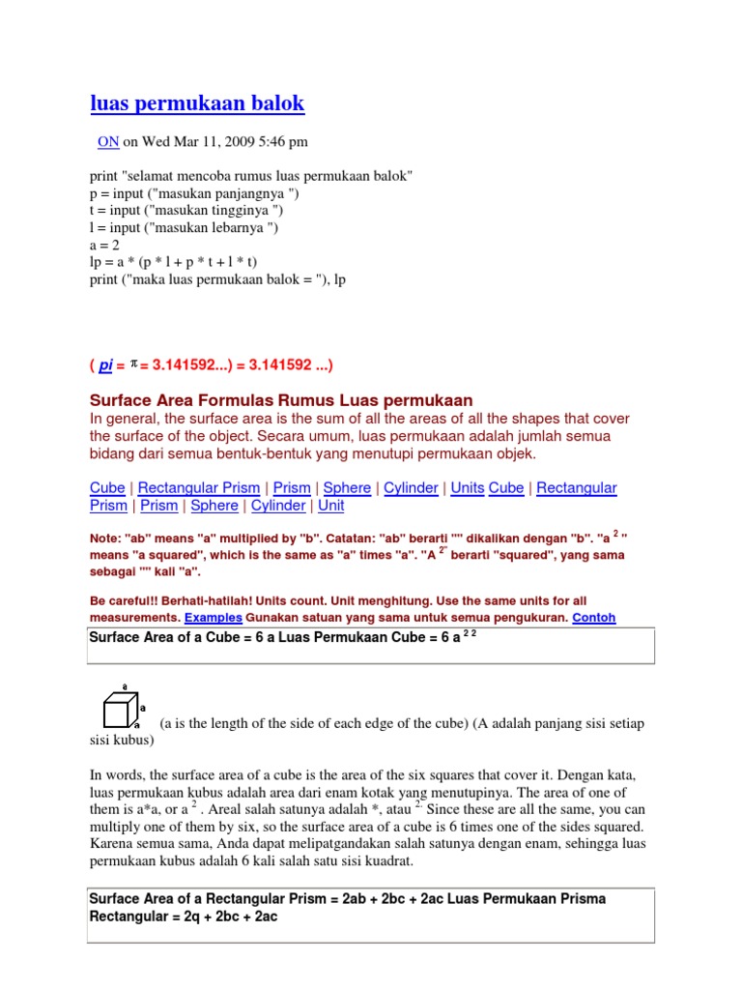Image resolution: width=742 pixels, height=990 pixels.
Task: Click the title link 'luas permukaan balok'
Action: click(x=197, y=103)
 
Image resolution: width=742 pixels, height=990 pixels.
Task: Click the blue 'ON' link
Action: click(x=108, y=142)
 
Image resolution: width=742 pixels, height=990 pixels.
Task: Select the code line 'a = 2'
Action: click(x=104, y=245)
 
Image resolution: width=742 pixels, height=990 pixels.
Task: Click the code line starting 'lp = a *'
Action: click(x=173, y=261)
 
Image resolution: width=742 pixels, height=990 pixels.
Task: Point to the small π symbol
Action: click(x=134, y=364)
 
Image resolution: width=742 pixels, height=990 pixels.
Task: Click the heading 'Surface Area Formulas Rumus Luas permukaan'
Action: click(x=281, y=400)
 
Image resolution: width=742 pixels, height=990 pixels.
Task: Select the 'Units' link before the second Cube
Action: click(x=468, y=488)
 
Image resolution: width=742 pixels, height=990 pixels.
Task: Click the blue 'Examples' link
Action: click(x=214, y=617)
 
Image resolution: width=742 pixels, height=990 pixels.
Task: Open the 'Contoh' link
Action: click(x=593, y=617)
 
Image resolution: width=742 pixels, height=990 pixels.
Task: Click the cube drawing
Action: click(x=119, y=713)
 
